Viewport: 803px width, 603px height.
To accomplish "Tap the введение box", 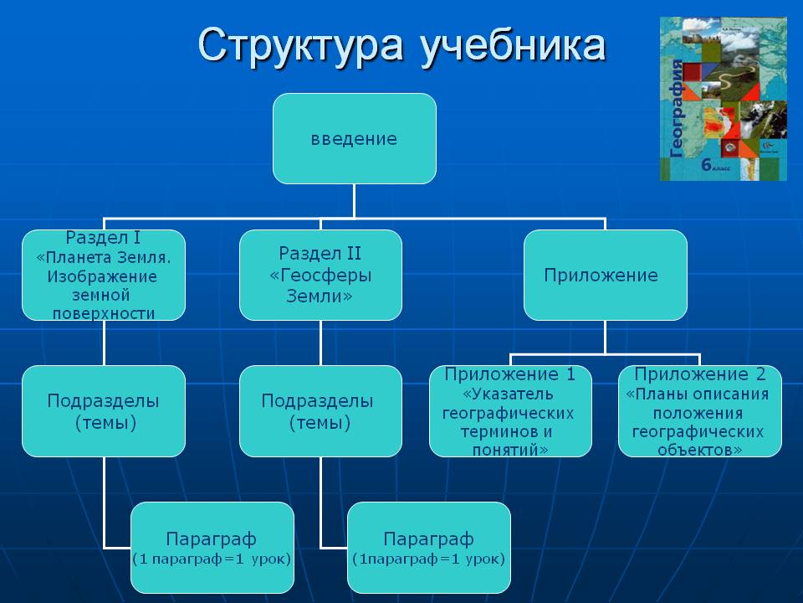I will [354, 138].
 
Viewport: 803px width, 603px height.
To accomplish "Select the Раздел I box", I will [104, 275].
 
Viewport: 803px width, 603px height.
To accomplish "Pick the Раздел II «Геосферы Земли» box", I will [320, 275].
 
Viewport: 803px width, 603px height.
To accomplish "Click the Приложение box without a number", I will [605, 275].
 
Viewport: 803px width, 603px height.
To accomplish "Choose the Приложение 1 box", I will [510, 410].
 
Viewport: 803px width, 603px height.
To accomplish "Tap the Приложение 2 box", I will [699, 410].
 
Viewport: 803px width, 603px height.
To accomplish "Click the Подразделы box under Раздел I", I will [104, 410].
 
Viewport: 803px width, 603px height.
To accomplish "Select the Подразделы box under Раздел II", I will [320, 410].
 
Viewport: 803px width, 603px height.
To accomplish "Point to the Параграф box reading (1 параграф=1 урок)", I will [212, 546].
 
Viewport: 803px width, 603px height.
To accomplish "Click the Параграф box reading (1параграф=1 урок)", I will [428, 546].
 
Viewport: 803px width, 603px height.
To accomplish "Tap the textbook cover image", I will [724, 99].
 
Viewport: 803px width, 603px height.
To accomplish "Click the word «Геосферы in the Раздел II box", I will [320, 276].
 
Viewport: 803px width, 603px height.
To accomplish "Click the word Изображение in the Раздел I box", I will [103, 276].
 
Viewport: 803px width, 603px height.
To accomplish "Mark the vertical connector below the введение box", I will [354, 201].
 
